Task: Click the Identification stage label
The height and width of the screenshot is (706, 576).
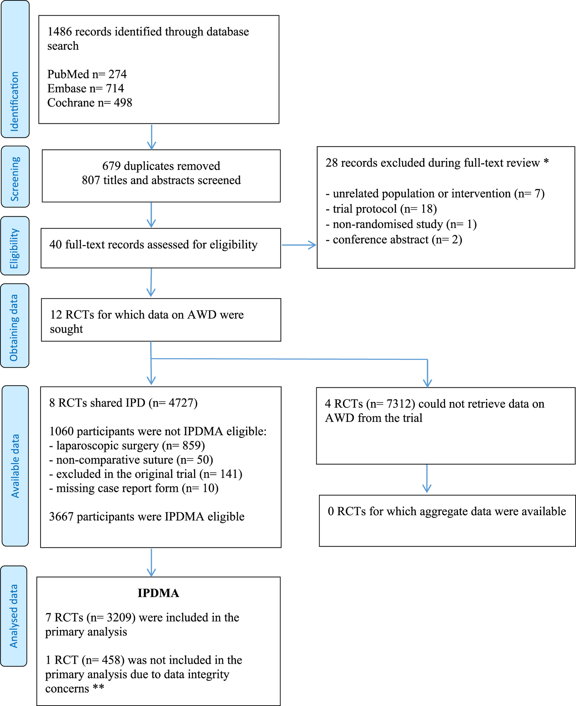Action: click(x=15, y=101)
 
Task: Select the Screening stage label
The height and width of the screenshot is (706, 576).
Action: click(x=15, y=179)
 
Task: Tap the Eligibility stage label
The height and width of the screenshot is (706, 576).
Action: click(x=14, y=248)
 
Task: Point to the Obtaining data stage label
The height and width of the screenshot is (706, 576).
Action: click(x=14, y=328)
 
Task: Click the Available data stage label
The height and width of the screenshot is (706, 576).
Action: click(x=15, y=466)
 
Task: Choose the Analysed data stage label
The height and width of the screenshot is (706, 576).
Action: click(x=14, y=616)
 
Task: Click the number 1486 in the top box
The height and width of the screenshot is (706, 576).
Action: click(x=60, y=32)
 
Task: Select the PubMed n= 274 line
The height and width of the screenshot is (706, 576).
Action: click(x=87, y=74)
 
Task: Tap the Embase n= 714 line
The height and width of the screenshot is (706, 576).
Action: click(x=85, y=88)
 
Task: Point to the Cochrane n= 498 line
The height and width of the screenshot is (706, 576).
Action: click(x=90, y=102)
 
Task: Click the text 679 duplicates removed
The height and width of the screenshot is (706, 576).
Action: click(x=161, y=166)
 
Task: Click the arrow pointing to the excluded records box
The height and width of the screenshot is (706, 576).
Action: click(x=299, y=245)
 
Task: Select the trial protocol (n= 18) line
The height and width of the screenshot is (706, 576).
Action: click(x=381, y=209)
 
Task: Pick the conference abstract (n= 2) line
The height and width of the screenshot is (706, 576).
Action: click(x=394, y=240)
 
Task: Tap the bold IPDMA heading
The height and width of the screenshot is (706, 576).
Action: click(x=158, y=593)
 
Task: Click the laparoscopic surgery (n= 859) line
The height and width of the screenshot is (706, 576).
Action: click(x=127, y=446)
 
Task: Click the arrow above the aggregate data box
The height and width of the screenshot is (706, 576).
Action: click(x=427, y=478)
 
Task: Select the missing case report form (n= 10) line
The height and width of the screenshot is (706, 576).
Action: click(x=134, y=488)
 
